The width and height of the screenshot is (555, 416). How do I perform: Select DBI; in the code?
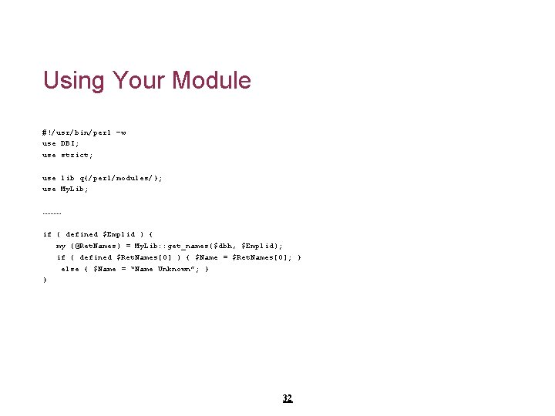click(x=71, y=143)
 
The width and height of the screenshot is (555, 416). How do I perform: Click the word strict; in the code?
click(x=76, y=155)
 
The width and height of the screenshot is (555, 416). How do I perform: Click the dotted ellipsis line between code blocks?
click(x=52, y=212)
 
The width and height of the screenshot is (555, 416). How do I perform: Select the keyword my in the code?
click(x=61, y=246)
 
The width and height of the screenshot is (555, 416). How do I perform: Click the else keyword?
click(x=70, y=269)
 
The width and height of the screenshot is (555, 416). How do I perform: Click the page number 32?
click(x=288, y=398)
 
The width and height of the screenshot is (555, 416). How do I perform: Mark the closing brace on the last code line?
click(x=45, y=280)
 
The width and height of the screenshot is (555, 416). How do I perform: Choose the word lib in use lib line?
click(x=69, y=178)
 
